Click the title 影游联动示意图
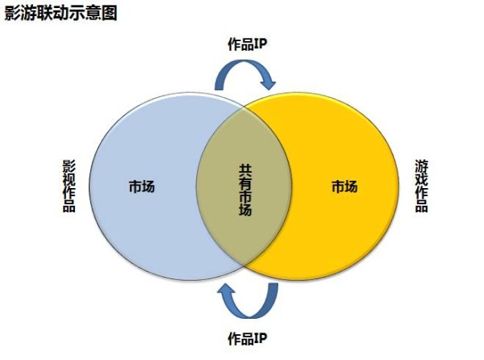click(61, 15)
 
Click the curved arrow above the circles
click(245, 74)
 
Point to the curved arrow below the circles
click(245, 301)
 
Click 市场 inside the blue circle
click(141, 187)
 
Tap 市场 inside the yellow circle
click(344, 187)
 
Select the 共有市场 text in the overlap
click(244, 190)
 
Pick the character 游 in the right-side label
click(421, 166)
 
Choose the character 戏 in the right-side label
click(421, 179)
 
